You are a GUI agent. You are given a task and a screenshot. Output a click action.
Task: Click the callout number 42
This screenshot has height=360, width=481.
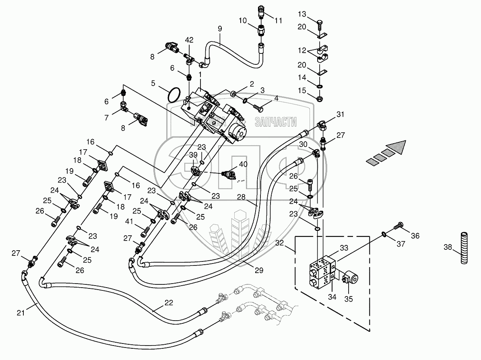pyautogui.click(x=189, y=40)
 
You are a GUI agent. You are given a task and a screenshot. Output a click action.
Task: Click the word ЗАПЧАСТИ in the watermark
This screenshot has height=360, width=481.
pyautogui.click(x=277, y=122)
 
